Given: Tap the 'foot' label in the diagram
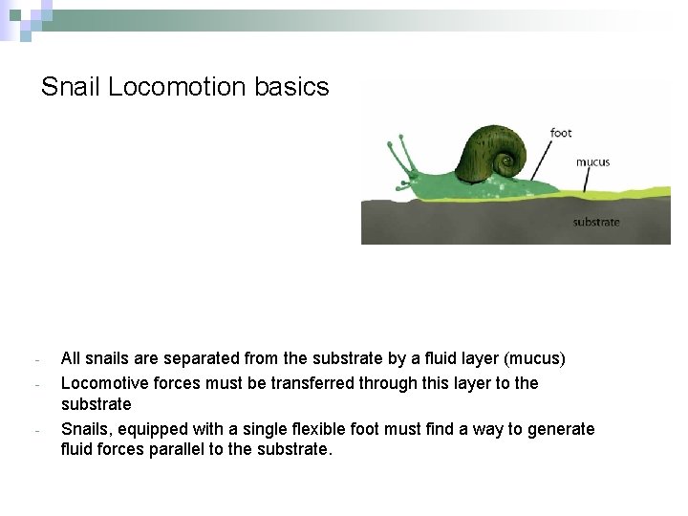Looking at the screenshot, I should (561, 133).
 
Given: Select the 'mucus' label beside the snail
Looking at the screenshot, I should (592, 162).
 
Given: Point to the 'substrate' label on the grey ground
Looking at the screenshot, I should (596, 223).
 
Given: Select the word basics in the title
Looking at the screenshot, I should (291, 87).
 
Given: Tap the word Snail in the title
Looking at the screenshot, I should (72, 87).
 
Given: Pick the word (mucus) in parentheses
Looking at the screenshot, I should (536, 360).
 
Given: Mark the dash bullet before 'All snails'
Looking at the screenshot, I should (35, 361).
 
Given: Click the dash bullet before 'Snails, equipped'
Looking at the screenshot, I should (35, 430).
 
